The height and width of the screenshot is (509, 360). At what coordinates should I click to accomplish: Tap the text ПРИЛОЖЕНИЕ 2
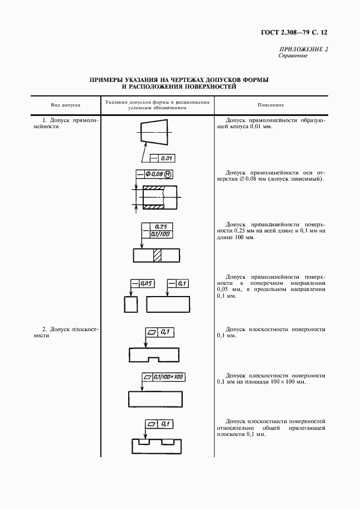pos(303,50)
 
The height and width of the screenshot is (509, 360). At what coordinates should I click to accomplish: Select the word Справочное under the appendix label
pos(293,56)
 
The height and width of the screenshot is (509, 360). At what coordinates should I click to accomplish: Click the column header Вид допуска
pos(66,105)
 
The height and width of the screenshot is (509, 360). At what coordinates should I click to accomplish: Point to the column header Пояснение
pos(271,105)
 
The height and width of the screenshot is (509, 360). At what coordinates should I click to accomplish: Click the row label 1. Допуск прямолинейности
pos(66,123)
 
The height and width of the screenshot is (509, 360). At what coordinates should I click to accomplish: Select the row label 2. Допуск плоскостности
pos(66,332)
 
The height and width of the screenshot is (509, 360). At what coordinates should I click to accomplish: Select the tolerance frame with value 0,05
pos(142,284)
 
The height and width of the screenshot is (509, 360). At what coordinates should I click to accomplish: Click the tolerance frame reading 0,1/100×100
pos(163,377)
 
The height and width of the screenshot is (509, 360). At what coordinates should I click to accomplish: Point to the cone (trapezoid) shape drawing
pos(153,132)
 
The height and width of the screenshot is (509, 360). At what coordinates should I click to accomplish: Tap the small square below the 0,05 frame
pos(131,305)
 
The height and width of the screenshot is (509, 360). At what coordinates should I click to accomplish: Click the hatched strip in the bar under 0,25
pos(157,255)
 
